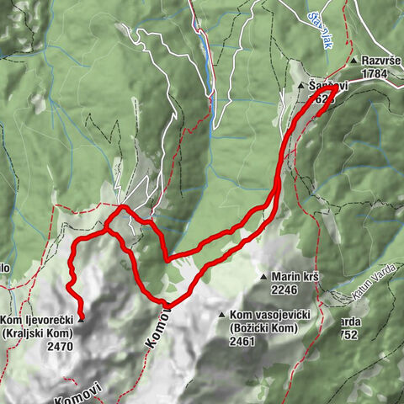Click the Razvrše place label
click(x=381, y=61)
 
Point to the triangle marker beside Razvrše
click(x=357, y=61)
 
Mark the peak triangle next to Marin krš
click(x=263, y=276)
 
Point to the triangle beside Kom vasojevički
click(x=222, y=316)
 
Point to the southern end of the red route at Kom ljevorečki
click(x=81, y=318)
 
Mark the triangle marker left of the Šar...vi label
click(x=300, y=86)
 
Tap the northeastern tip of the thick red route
click(x=337, y=86)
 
